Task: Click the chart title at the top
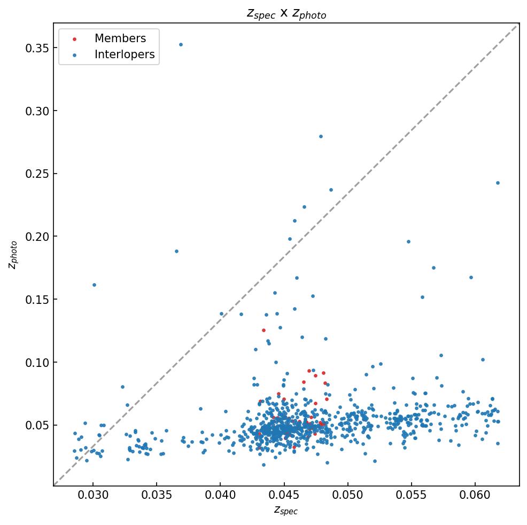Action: click(286, 13)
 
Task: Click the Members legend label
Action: click(120, 38)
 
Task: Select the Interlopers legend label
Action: click(124, 54)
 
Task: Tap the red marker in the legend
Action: click(74, 39)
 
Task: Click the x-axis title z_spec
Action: click(286, 510)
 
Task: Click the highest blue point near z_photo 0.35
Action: click(181, 44)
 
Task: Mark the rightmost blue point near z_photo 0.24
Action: click(498, 183)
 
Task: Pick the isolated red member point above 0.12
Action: click(263, 330)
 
